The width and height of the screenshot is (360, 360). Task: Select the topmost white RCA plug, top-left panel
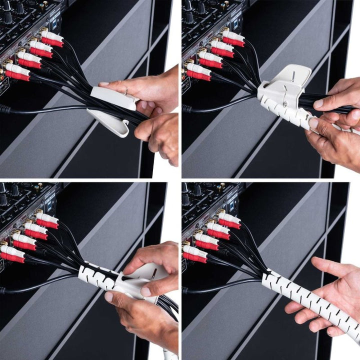coord(53,35)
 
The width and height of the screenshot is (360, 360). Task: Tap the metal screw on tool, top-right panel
coord(285,104)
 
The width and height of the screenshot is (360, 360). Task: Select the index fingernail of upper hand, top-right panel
coord(318,103)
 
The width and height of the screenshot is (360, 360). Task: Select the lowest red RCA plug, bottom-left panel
coord(13,257)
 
